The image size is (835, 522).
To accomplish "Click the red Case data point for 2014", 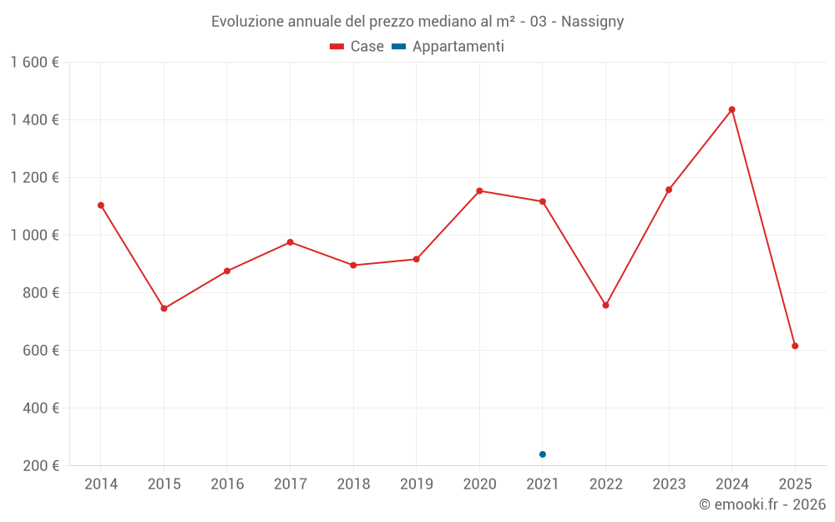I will click(101, 205).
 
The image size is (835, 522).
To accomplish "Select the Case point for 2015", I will click(164, 308).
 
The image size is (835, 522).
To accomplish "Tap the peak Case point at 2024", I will click(732, 109).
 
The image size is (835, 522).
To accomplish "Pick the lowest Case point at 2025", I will click(795, 346).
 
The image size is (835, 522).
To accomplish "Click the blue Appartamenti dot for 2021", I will click(543, 454).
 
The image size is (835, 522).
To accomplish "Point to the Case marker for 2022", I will click(606, 305).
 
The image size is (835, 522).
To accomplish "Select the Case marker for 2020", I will click(479, 191).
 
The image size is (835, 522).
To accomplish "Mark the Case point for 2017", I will click(290, 242).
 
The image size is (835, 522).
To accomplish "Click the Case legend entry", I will click(357, 47).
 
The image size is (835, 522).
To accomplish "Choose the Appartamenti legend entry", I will click(448, 47).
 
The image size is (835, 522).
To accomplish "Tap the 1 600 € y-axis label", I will click(35, 63).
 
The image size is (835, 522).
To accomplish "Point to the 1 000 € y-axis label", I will click(35, 236).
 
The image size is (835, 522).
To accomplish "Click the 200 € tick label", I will click(40, 466).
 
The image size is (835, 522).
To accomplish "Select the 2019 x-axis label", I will click(417, 484).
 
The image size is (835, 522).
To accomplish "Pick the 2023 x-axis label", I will click(669, 484).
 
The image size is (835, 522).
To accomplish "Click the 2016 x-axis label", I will click(227, 484).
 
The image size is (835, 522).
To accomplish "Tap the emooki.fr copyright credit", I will click(762, 504).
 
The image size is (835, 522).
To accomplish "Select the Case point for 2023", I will click(669, 190).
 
